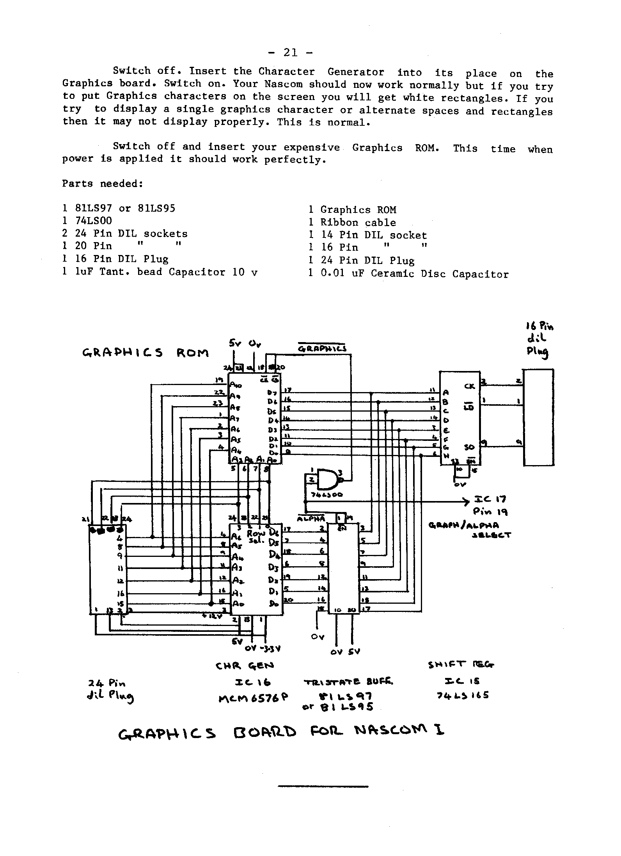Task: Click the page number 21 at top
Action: (x=290, y=53)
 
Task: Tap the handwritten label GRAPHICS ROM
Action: (x=146, y=353)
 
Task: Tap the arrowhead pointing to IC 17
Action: (x=465, y=501)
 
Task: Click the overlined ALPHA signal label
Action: (x=311, y=519)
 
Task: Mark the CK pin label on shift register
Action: (x=470, y=386)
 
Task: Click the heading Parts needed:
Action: (x=102, y=184)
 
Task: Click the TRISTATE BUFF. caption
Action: (x=348, y=682)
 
